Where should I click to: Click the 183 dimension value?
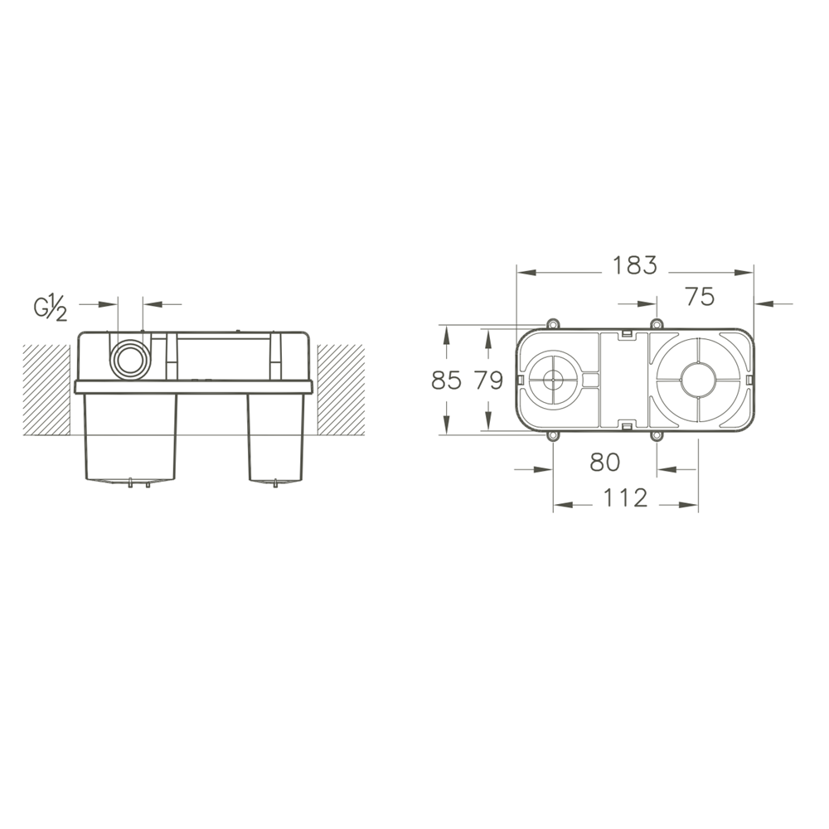click(634, 265)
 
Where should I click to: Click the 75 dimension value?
click(700, 296)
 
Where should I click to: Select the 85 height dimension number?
click(446, 381)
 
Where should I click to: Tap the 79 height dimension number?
click(488, 381)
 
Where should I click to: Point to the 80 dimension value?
click(605, 462)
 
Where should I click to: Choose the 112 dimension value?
click(625, 498)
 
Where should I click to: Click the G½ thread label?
click(51, 309)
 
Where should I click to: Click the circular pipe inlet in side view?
click(130, 360)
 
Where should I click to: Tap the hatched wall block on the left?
click(46, 390)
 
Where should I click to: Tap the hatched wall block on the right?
click(341, 390)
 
